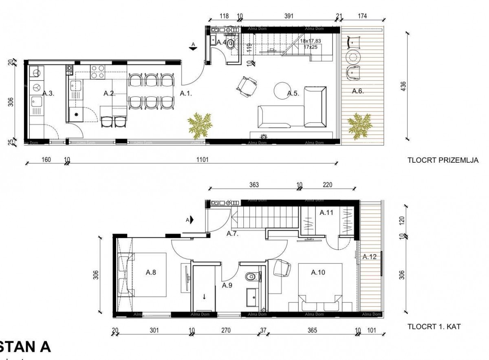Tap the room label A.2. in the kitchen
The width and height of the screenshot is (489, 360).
[109, 93]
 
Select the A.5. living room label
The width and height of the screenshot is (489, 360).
[293, 93]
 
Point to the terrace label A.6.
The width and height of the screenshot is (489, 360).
[357, 91]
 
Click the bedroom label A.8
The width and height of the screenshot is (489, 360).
[151, 273]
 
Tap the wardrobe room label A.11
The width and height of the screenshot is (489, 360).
[326, 212]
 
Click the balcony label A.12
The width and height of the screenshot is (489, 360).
[370, 256]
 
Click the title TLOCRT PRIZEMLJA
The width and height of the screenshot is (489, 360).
[443, 161]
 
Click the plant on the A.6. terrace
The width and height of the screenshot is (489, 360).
[359, 125]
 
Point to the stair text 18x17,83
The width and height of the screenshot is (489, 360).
[311, 41]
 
